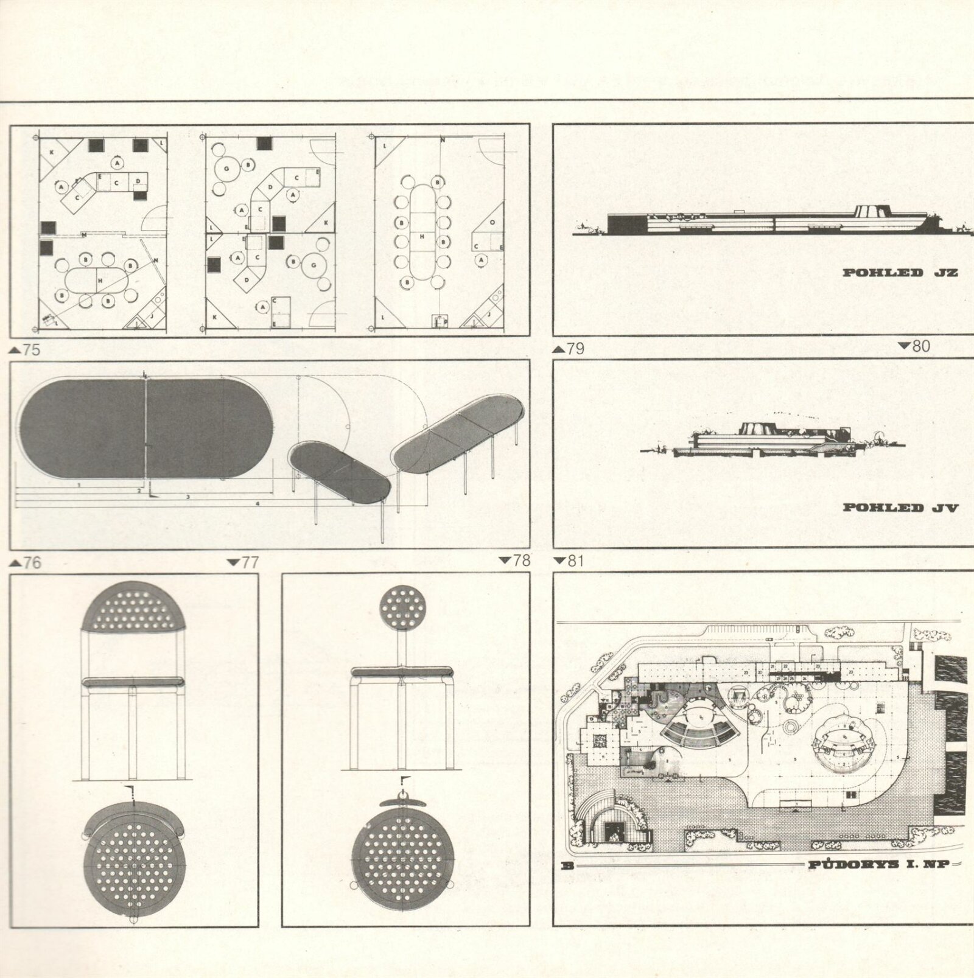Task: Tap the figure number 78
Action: [x=521, y=560]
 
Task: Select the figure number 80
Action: [x=921, y=346]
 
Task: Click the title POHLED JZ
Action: [x=900, y=273]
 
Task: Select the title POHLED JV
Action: [x=900, y=508]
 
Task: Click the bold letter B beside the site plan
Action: [x=567, y=865]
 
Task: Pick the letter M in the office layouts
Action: [x=83, y=234]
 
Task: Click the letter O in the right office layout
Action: [x=492, y=223]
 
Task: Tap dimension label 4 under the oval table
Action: [x=258, y=504]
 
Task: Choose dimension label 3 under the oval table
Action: [x=188, y=497]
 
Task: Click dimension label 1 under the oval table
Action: [x=79, y=485]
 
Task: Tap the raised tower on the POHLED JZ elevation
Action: [x=869, y=212]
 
